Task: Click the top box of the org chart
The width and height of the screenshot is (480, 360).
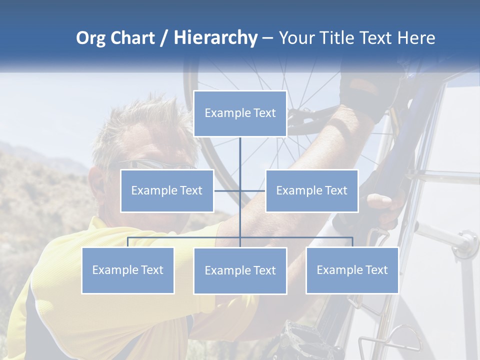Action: [240, 113]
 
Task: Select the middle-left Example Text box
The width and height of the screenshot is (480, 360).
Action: [167, 190]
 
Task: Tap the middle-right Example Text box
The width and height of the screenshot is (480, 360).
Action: [311, 190]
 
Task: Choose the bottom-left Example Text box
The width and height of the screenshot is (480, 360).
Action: [127, 270]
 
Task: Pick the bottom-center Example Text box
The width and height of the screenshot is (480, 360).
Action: [240, 270]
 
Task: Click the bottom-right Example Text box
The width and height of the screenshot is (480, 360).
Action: [352, 270]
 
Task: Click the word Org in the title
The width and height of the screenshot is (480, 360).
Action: [90, 38]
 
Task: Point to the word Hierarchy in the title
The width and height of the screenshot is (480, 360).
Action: [215, 38]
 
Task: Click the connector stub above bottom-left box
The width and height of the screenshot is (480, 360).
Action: [127, 242]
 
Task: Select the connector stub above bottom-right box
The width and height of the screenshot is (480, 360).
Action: [352, 242]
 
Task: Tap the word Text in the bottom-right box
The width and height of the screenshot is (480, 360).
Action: [375, 270]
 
